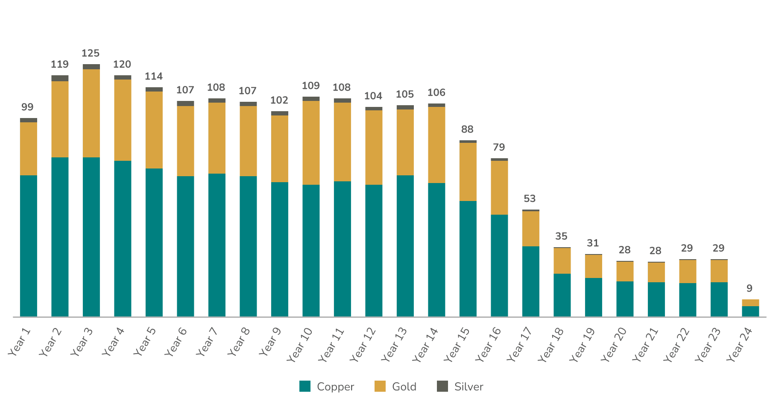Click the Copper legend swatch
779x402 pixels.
coord(305,386)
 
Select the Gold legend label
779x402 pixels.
coord(404,387)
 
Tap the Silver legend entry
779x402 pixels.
coord(469,387)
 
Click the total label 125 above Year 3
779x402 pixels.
coord(91,53)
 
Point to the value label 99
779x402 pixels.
coord(27,107)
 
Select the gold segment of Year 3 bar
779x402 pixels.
coord(91,113)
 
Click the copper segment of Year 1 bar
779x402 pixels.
coord(29,246)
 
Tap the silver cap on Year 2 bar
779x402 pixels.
coord(60,78)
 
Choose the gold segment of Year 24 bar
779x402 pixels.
coord(750,303)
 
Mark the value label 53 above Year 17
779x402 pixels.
coord(530,199)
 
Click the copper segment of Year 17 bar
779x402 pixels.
coord(530,281)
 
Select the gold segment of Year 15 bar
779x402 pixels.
coord(468,171)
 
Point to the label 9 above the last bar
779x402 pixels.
coord(749,289)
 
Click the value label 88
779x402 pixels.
coord(468,130)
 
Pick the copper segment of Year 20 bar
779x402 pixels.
coord(625,299)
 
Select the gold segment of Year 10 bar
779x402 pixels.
coord(311,142)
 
